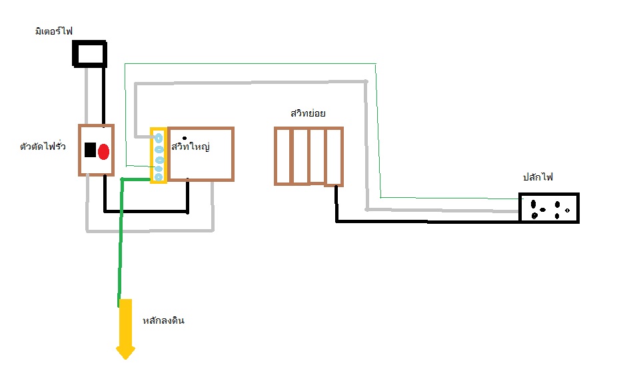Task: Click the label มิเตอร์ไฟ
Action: (54, 31)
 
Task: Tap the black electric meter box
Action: (89, 54)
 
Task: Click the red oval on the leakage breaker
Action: (103, 151)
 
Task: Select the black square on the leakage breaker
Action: (90, 150)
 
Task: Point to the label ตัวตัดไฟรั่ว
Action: (43, 147)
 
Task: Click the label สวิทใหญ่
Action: (191, 146)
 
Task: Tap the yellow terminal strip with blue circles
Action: (159, 155)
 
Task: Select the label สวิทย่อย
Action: (308, 113)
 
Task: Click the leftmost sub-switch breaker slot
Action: (284, 156)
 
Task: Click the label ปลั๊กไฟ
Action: (538, 177)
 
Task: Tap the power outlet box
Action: (549, 208)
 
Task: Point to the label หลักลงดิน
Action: (163, 321)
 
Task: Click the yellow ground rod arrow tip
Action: (126, 353)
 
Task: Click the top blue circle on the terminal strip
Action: (159, 138)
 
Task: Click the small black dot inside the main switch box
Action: (184, 138)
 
